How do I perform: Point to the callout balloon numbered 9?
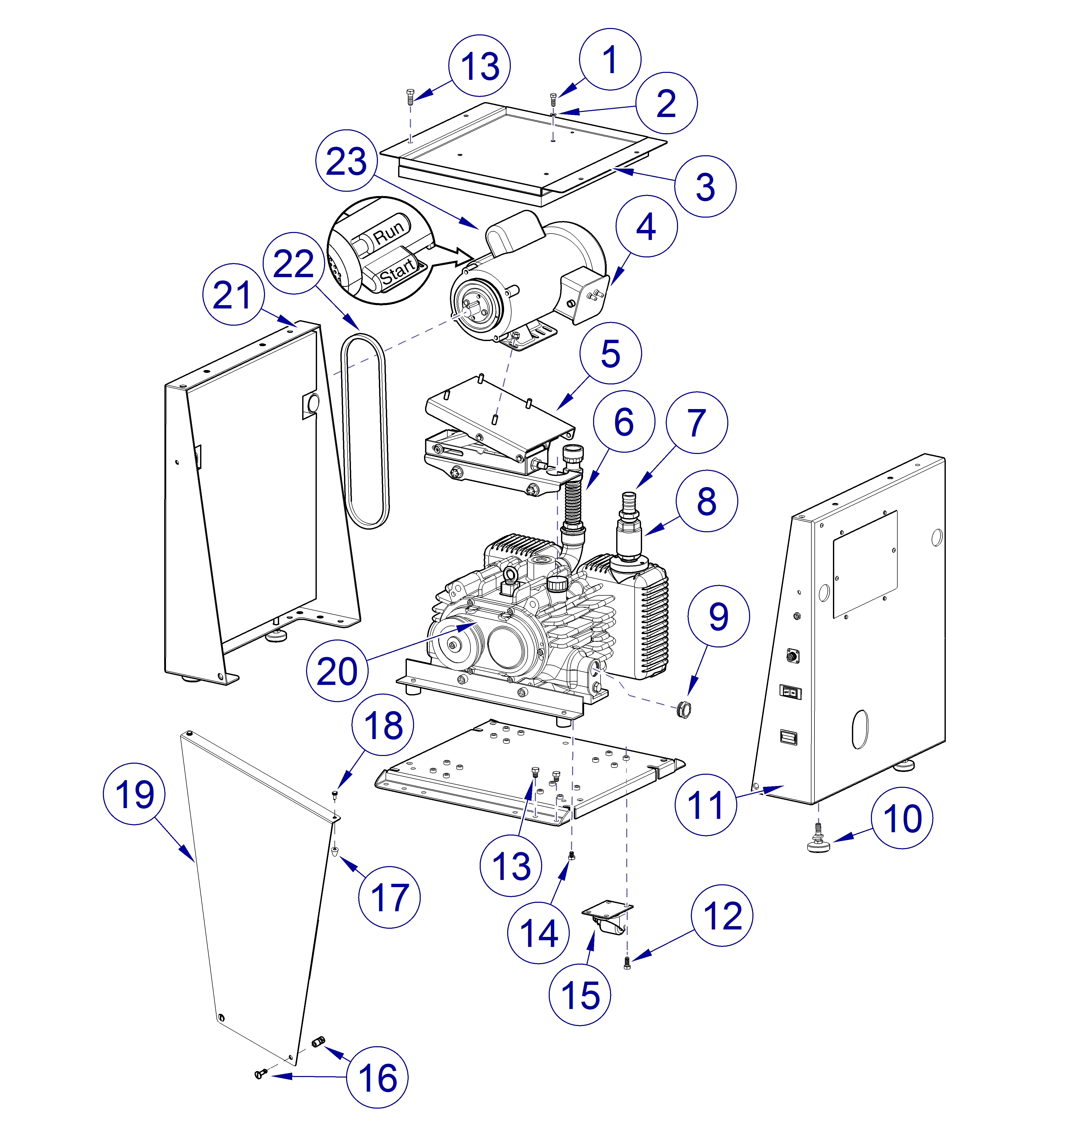click(719, 616)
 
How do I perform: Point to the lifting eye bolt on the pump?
click(509, 577)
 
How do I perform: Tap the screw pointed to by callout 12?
click(627, 963)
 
